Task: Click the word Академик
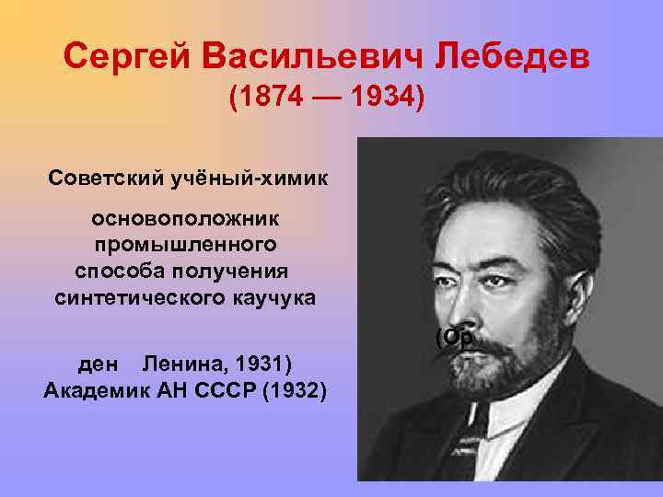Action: (98, 391)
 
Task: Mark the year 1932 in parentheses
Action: (294, 391)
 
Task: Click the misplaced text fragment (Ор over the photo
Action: (454, 337)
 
